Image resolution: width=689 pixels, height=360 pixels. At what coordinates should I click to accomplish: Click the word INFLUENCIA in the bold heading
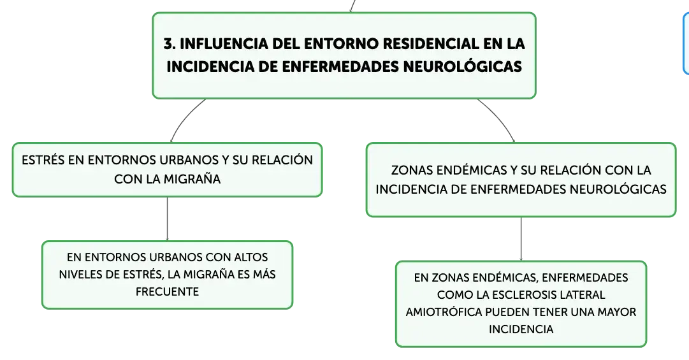click(224, 43)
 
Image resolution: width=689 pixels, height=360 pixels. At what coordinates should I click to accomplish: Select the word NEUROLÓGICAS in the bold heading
click(462, 66)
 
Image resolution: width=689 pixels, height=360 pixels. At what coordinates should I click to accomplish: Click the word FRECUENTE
click(167, 292)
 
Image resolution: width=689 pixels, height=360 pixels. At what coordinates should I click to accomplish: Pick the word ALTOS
click(251, 257)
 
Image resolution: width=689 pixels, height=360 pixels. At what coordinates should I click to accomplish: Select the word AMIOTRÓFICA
click(444, 312)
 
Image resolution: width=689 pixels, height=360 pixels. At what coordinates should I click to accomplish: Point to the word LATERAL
click(577, 294)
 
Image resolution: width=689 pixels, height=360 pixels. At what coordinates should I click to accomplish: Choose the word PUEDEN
click(505, 312)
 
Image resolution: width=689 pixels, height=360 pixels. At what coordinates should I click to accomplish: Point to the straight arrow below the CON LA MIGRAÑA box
click(168, 219)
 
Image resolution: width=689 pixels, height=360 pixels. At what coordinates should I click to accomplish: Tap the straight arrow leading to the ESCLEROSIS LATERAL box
click(521, 239)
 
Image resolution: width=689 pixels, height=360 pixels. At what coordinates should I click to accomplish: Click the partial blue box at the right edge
click(685, 43)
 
